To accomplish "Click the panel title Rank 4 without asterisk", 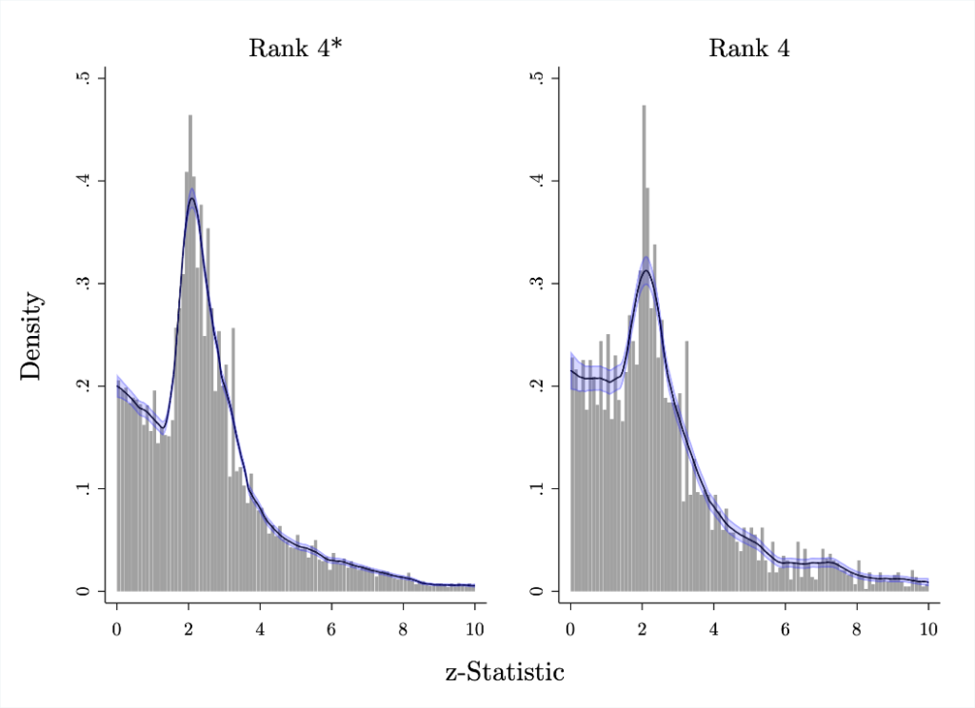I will click(x=748, y=49).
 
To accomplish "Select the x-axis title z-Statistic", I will click(x=505, y=673).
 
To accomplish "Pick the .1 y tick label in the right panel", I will click(x=537, y=489).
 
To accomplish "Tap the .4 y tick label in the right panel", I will click(x=537, y=181).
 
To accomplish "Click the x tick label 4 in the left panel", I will click(x=260, y=628).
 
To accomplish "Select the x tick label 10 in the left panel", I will click(x=474, y=628).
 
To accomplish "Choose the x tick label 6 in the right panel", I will click(x=786, y=628).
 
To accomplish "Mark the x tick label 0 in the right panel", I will click(x=570, y=628).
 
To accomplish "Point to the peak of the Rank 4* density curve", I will click(x=191, y=199).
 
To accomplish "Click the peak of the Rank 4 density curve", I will click(x=647, y=271).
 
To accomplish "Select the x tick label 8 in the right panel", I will click(x=857, y=628).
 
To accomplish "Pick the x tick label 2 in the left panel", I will click(x=189, y=628).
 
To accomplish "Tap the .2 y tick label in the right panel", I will click(x=537, y=386).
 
